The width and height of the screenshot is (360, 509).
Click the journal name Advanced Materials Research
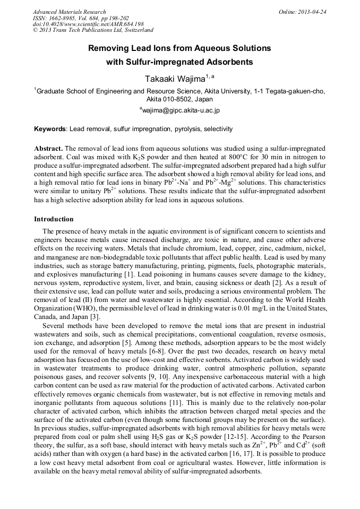pos(69,12)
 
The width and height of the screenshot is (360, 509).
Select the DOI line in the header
pos(88,24)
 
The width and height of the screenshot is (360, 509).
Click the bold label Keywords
pos(50,129)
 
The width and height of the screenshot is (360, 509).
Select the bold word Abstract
pos(48,148)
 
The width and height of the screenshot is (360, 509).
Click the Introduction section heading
pos(54,219)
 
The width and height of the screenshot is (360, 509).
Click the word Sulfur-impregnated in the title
pos(159,62)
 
